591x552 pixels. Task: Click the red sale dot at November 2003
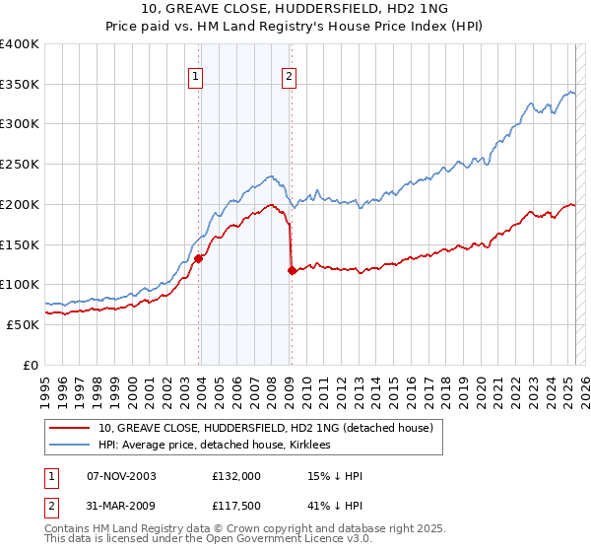pos(199,259)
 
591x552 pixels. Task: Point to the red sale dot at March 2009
pos(292,270)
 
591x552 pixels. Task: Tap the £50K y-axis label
pos(24,324)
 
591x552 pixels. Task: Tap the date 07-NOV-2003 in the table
pos(121,477)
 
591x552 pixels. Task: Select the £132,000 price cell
pos(235,477)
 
